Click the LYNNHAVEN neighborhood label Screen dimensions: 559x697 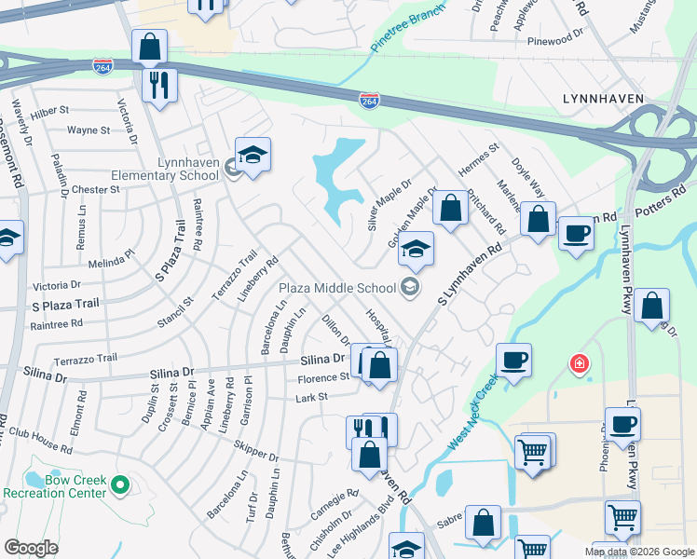pyautogui.click(x=605, y=98)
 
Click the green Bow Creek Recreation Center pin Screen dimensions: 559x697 pyautogui.click(x=119, y=484)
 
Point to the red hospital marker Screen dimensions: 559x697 pyautogui.click(x=580, y=363)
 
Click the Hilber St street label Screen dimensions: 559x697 pyautogui.click(x=50, y=110)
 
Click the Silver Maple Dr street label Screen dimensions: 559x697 pyautogui.click(x=389, y=206)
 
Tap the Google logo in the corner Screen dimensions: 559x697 pyautogui.click(x=31, y=548)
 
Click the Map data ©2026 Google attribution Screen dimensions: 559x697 pyautogui.click(x=638, y=552)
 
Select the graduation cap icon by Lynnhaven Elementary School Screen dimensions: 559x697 pyautogui.click(x=253, y=156)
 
